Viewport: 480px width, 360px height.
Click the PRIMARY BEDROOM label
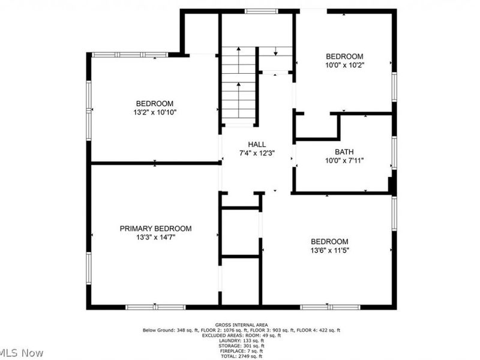155,229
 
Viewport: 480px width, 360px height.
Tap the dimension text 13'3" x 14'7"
155,237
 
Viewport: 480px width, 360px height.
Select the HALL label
257,145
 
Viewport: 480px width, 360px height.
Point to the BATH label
345,152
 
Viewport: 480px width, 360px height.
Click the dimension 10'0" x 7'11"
345,160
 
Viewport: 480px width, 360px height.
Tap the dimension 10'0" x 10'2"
345,64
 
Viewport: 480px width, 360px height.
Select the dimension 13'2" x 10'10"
154,112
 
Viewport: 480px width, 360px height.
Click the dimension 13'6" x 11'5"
329,250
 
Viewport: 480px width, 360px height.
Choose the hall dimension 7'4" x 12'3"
257,153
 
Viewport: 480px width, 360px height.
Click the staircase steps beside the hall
238,84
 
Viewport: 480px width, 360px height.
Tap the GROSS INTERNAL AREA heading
241,325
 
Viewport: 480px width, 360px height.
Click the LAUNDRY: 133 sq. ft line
241,341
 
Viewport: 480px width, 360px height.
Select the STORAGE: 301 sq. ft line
241,346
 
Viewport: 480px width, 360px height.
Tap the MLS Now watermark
22,353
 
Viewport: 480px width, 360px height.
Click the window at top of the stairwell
262,11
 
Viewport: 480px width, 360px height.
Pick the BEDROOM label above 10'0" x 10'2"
345,56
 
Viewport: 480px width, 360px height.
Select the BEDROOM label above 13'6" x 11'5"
329,242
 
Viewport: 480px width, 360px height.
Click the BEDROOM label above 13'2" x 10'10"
154,103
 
